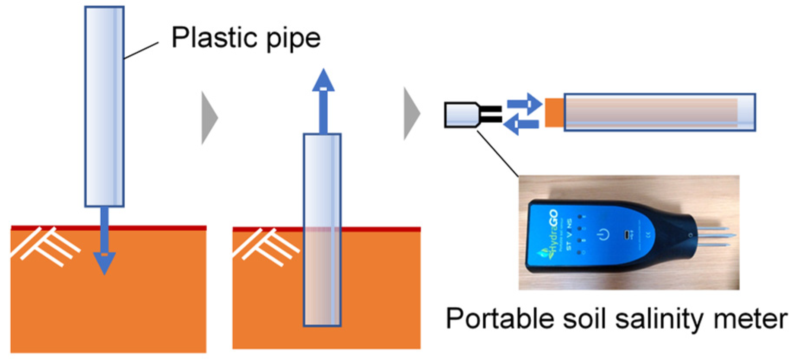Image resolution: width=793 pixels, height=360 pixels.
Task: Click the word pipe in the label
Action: point(294,39)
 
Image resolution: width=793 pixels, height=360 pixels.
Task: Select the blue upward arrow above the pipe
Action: point(324,99)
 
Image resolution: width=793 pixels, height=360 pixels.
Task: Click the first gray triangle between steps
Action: point(209,117)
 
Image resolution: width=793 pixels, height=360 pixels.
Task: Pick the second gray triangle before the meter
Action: point(412,114)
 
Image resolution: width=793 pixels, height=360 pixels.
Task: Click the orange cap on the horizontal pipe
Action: point(555,112)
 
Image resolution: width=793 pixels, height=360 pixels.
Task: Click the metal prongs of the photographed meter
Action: point(713,236)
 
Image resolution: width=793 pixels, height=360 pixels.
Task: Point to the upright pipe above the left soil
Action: point(105,106)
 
